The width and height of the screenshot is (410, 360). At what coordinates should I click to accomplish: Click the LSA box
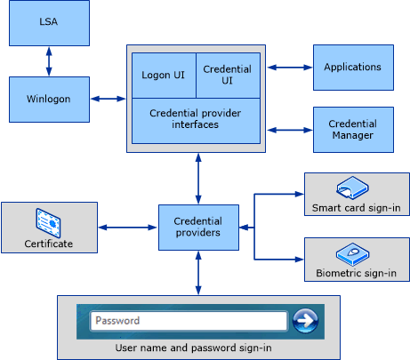pyautogui.click(x=48, y=23)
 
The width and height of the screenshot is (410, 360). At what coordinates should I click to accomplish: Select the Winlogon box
pyautogui.click(x=48, y=99)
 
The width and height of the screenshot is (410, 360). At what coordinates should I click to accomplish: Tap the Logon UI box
pyautogui.click(x=163, y=75)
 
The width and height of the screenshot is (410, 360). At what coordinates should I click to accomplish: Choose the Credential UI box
pyautogui.click(x=227, y=75)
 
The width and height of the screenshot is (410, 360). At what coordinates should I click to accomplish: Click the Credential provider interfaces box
pyautogui.click(x=196, y=120)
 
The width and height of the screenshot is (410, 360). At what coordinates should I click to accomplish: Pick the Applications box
pyautogui.click(x=352, y=68)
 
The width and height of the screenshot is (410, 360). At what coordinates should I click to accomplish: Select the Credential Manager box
pyautogui.click(x=352, y=130)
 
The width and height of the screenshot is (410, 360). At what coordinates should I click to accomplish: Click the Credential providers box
pyautogui.click(x=197, y=228)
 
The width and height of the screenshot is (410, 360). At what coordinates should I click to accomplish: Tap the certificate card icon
pyautogui.click(x=48, y=220)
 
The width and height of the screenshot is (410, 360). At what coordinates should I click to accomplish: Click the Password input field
pyautogui.click(x=189, y=320)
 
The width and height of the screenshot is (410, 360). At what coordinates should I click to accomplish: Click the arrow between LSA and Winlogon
pyautogui.click(x=48, y=61)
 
